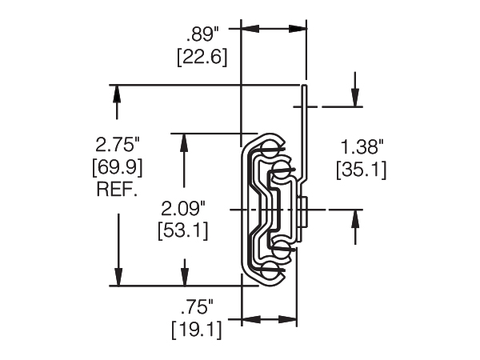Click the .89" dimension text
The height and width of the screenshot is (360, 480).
[206, 34]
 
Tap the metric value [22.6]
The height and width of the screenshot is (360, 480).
[206, 58]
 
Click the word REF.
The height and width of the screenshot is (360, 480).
[118, 190]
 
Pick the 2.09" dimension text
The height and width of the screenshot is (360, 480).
[184, 209]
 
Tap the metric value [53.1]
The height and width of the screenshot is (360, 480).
[184, 231]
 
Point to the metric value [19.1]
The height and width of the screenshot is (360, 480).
[196, 329]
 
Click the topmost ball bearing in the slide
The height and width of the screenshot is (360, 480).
[270, 149]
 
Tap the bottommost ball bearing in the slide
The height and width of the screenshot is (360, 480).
[271, 273]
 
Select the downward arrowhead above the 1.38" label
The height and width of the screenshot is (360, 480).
[354, 98]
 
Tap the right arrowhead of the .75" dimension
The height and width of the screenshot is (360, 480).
[290, 320]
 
